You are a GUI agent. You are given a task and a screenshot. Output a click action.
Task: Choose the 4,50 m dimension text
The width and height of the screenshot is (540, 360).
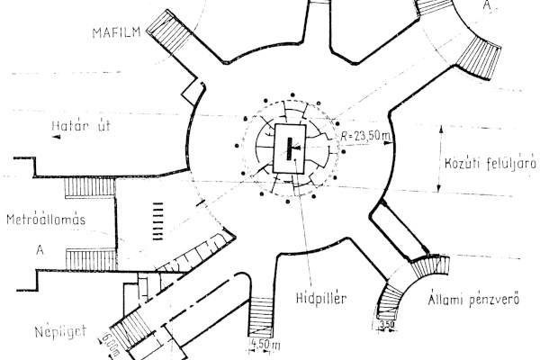point(264,344)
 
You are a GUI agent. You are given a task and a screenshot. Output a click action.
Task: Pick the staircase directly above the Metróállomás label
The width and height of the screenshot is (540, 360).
point(91,188)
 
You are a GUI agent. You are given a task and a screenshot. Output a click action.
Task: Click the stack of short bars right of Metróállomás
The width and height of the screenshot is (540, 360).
point(160,219)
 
